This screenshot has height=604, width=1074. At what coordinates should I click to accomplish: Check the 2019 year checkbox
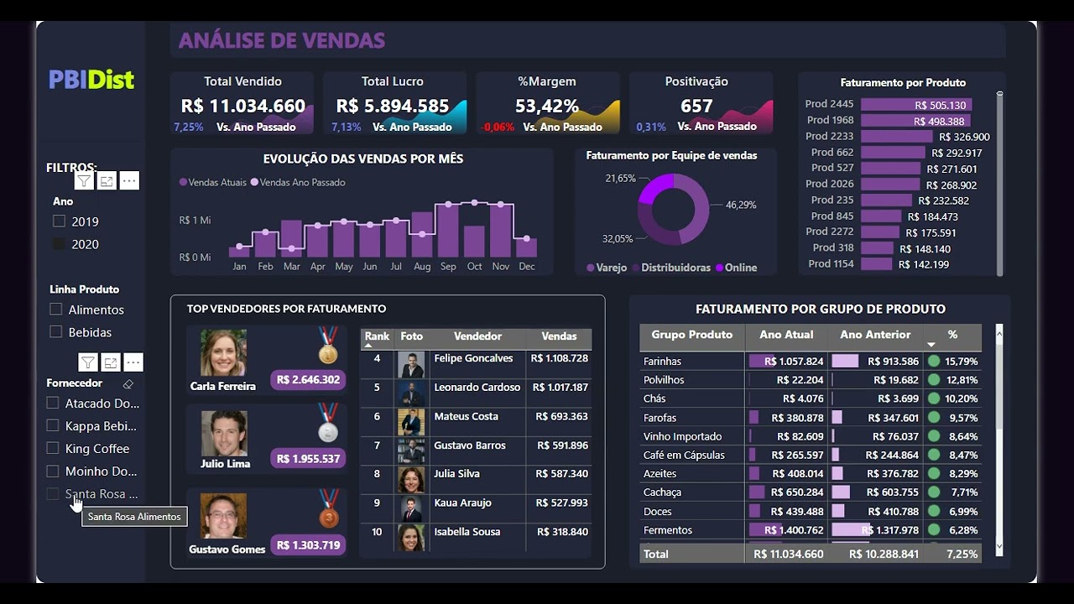[x=59, y=221]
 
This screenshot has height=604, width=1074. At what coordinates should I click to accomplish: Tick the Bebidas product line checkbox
[x=56, y=331]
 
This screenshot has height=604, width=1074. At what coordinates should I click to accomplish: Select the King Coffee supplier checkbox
[x=53, y=448]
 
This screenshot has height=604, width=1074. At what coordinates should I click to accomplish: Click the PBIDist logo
[x=91, y=80]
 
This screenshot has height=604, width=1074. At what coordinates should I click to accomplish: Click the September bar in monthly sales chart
[x=448, y=230]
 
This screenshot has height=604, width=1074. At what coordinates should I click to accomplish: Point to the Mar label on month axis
[x=291, y=267]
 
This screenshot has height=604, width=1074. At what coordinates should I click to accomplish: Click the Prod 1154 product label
[x=831, y=264]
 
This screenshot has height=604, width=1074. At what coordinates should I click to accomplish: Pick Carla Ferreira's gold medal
[x=328, y=347]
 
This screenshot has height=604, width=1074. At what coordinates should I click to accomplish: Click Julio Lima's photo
[x=224, y=433]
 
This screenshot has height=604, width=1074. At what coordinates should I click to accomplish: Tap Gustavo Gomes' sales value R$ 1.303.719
[x=308, y=545]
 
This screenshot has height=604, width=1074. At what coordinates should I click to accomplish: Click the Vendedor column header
[x=477, y=336]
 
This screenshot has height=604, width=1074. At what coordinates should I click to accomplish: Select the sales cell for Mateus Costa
[x=560, y=417]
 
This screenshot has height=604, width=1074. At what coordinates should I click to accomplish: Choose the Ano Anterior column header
[x=875, y=335]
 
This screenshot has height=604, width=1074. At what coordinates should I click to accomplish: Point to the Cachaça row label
[x=662, y=492]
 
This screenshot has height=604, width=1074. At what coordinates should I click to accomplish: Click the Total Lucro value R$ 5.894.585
[x=393, y=107]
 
